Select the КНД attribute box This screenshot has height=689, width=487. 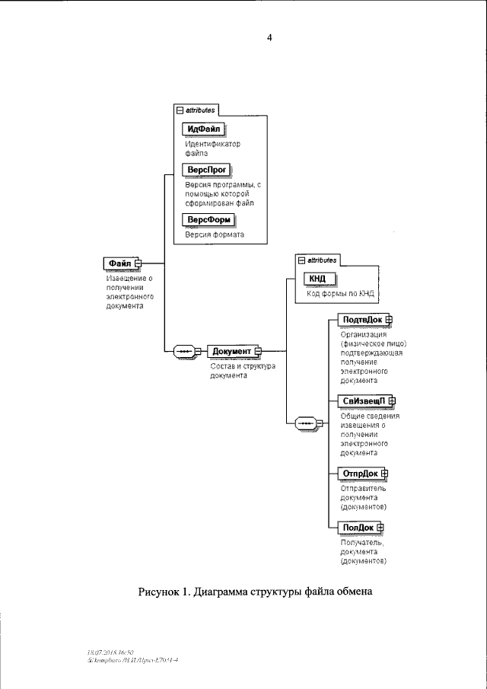(319, 279)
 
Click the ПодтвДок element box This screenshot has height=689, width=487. (361, 320)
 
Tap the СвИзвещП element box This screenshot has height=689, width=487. (362, 401)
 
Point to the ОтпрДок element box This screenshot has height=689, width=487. (359, 474)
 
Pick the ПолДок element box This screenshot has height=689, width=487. (357, 527)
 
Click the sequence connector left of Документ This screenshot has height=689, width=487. (187, 351)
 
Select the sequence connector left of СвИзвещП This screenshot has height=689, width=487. (306, 423)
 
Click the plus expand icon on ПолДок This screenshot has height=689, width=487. (380, 527)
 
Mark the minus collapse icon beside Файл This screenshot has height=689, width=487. (138, 264)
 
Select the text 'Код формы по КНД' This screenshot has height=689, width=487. (340, 293)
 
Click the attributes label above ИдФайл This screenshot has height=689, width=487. (200, 110)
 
